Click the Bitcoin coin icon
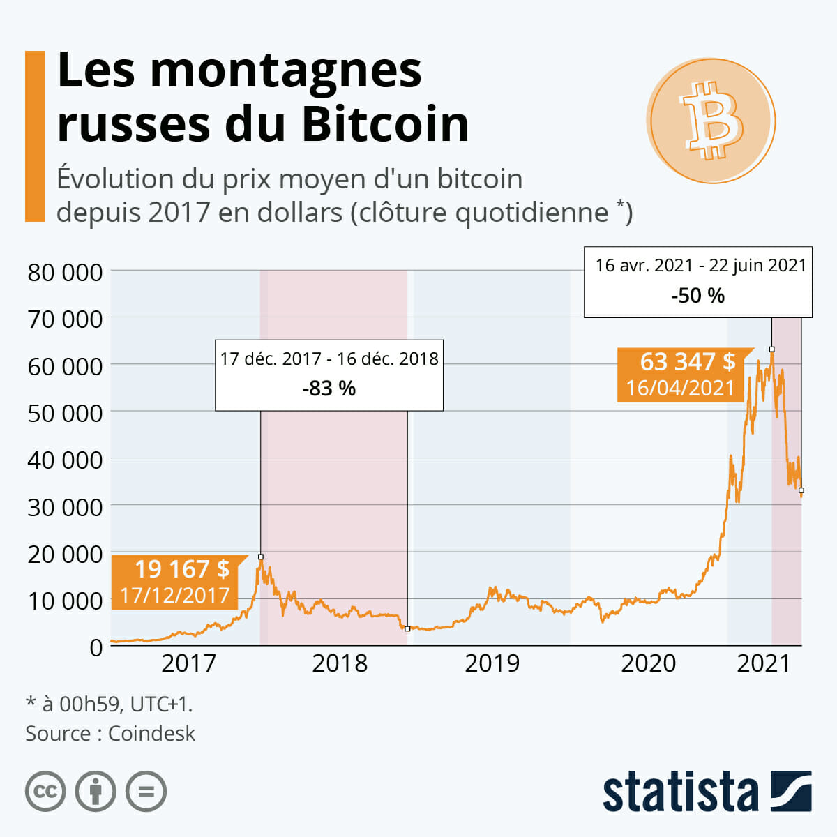click(711, 120)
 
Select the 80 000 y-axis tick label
click(65, 273)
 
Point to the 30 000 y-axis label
click(65, 507)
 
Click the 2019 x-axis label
click(492, 663)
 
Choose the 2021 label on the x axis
click(763, 663)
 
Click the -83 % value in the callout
click(329, 388)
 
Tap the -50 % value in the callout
click(697, 296)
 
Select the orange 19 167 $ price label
click(181, 569)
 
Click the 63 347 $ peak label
click(687, 362)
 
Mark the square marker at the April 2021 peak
click(771, 349)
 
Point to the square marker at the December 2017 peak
click(261, 557)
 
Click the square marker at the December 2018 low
click(407, 629)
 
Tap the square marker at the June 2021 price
click(801, 490)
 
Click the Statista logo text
click(680, 792)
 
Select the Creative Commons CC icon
click(45, 792)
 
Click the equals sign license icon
click(146, 792)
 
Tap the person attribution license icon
click(96, 792)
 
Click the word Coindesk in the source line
click(151, 734)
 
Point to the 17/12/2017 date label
click(174, 595)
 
